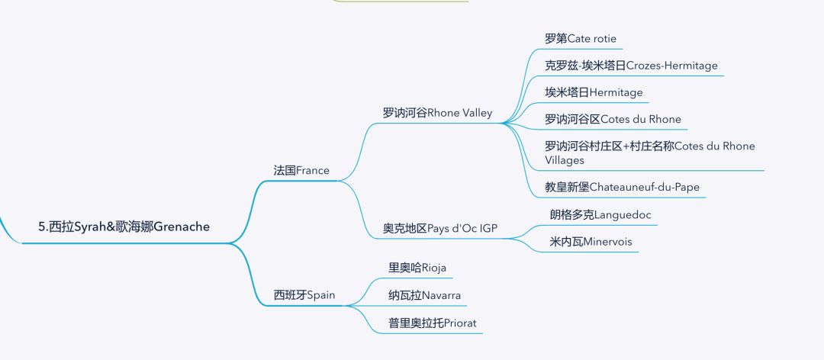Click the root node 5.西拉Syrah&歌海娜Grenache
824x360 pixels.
(x=124, y=227)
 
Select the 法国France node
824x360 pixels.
(x=301, y=170)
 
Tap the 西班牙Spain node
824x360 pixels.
(x=304, y=294)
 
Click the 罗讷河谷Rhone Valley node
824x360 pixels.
(x=437, y=113)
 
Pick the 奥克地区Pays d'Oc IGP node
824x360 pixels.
(x=440, y=228)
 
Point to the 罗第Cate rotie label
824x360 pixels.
(x=575, y=38)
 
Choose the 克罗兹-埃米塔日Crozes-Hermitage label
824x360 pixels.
(x=631, y=66)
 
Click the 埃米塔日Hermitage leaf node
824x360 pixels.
(x=594, y=92)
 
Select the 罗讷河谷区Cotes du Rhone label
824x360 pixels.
(x=613, y=119)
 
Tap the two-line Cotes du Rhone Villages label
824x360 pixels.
(x=649, y=153)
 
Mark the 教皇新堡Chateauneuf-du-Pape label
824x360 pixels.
(x=622, y=187)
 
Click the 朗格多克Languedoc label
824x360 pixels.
(x=600, y=214)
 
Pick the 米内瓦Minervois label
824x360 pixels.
(x=591, y=242)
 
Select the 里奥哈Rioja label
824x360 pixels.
(x=417, y=268)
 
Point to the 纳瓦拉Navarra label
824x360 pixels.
(x=424, y=295)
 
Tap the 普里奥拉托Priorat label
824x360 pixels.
(x=432, y=323)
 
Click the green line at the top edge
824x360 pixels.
(x=401, y=2)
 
